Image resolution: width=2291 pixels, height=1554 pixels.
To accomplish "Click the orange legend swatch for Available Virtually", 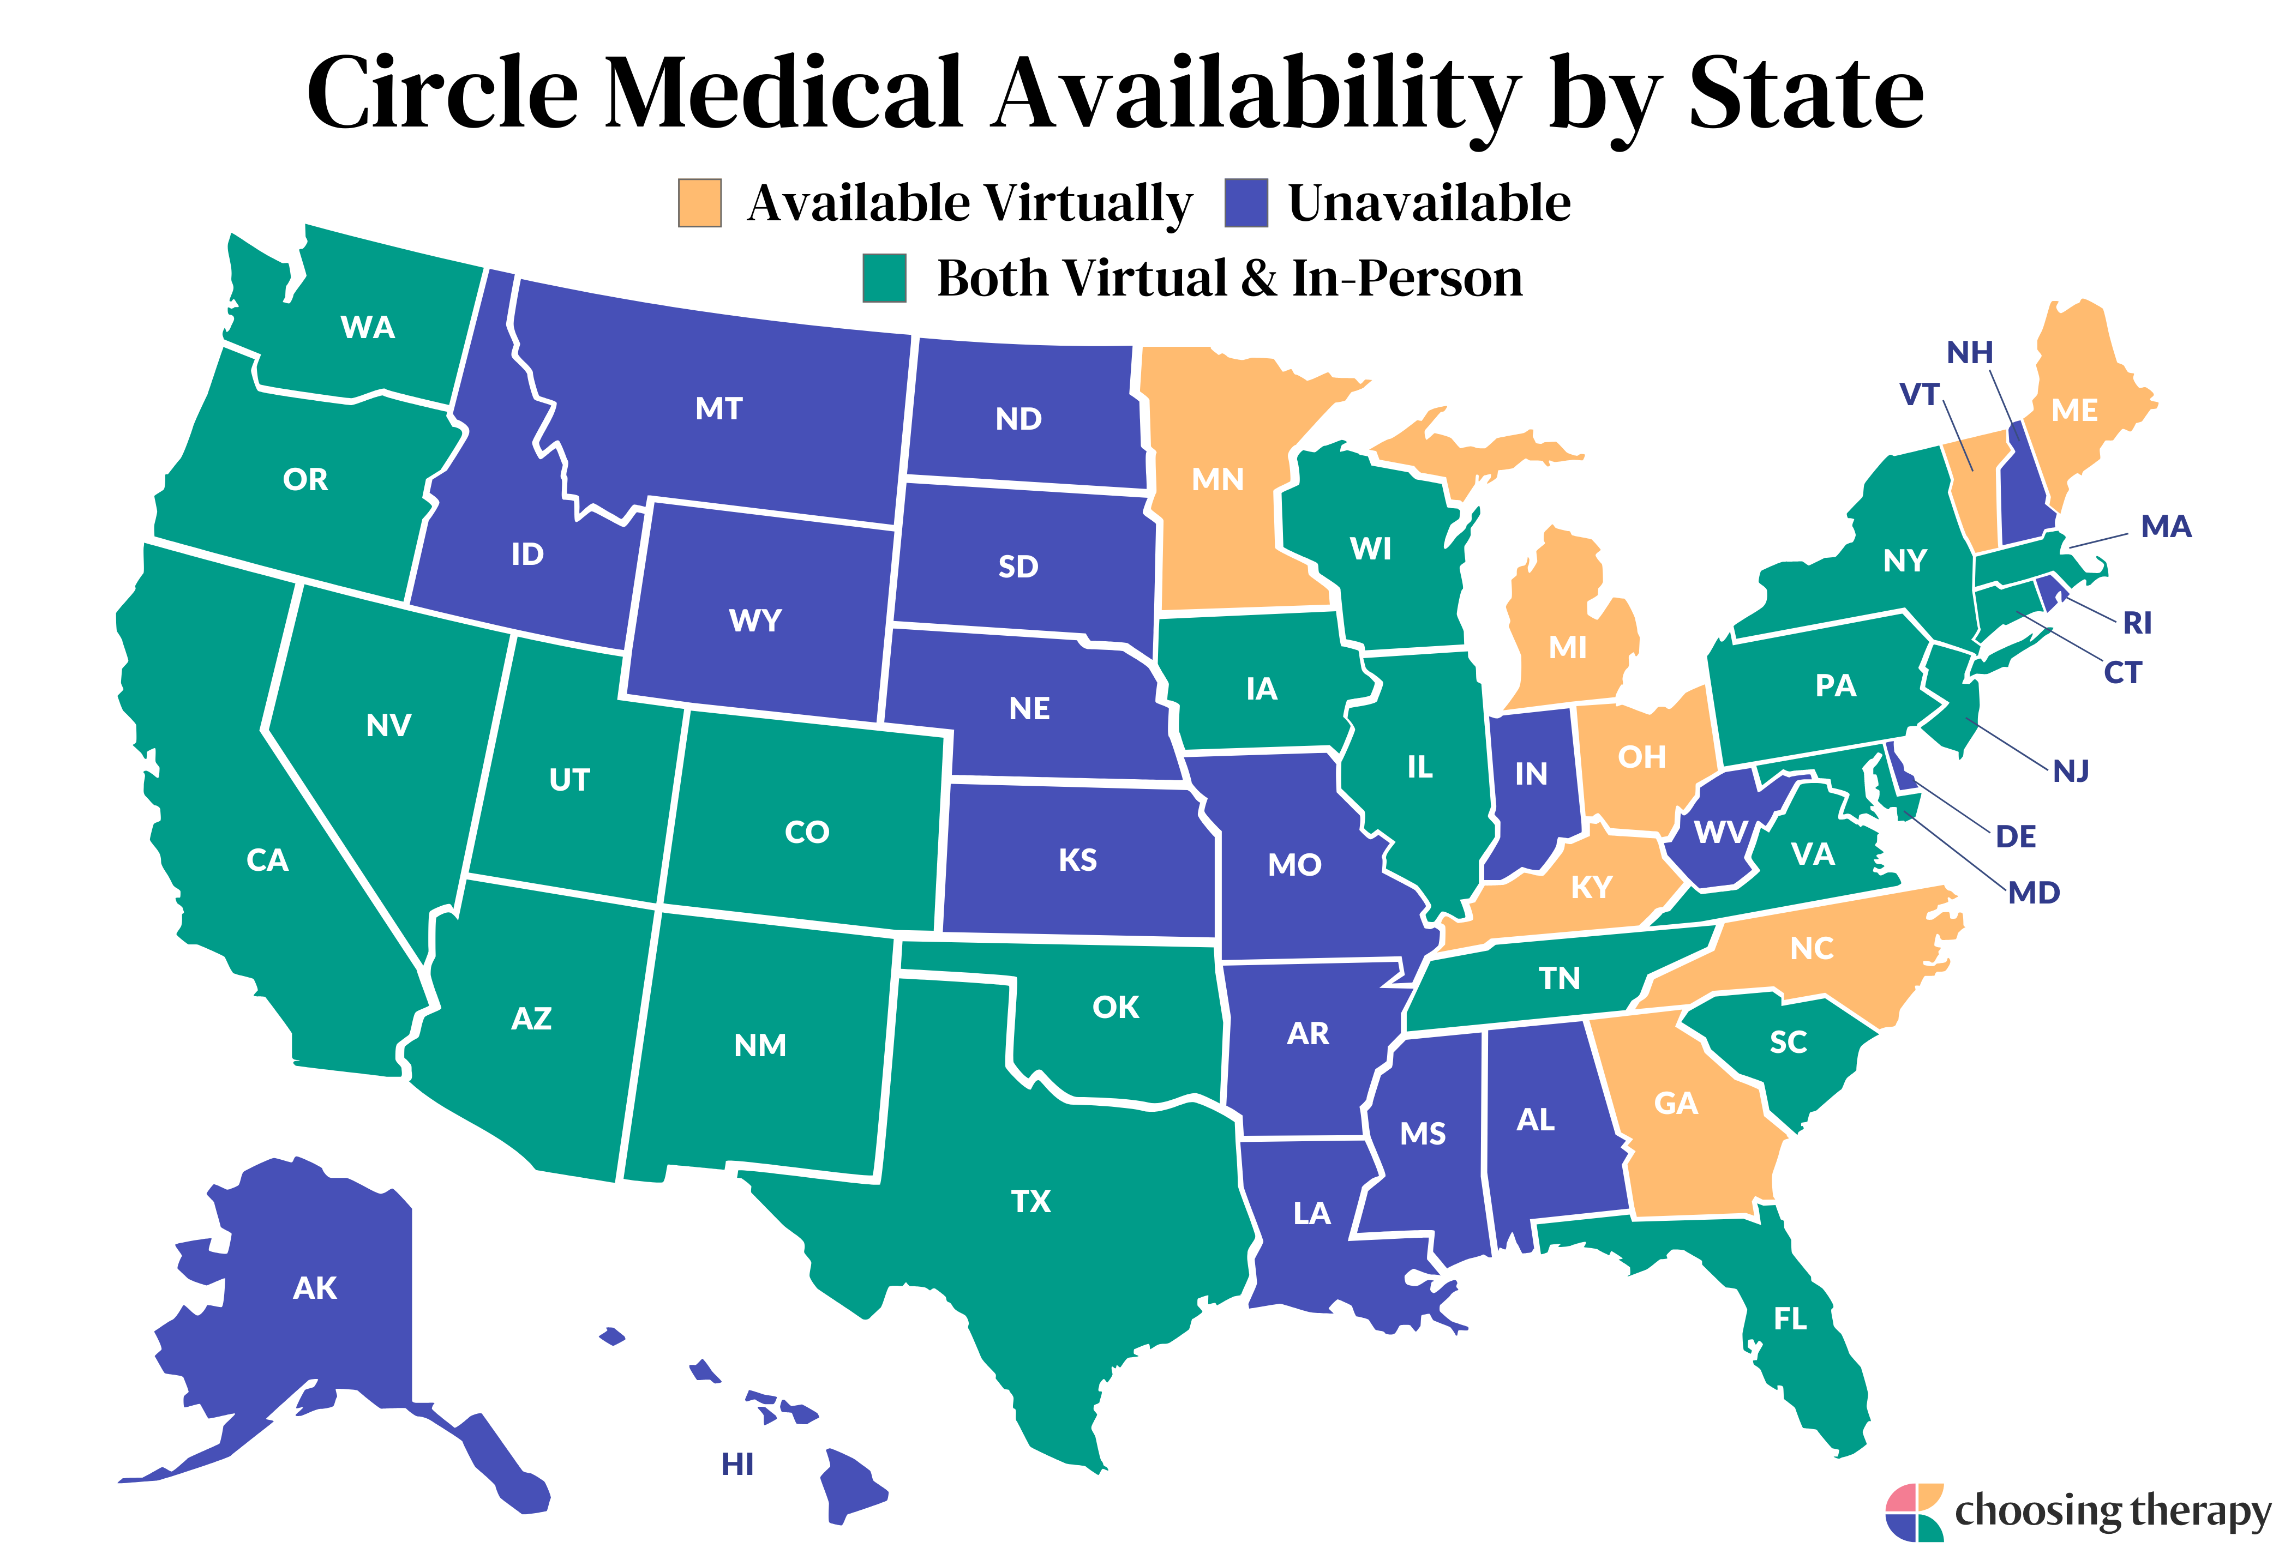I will click(699, 203).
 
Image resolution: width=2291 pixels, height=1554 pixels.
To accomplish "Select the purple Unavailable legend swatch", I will click(1245, 203).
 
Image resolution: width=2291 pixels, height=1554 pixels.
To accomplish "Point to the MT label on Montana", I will click(718, 409).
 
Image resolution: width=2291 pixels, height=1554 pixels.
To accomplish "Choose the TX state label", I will click(1030, 1201).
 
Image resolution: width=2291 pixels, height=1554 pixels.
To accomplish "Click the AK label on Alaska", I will click(315, 1288).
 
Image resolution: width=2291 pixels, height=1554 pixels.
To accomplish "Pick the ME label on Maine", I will click(2074, 411).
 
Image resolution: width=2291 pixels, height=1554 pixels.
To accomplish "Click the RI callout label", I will click(2137, 623).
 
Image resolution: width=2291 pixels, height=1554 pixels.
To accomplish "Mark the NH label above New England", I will click(1969, 353).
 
